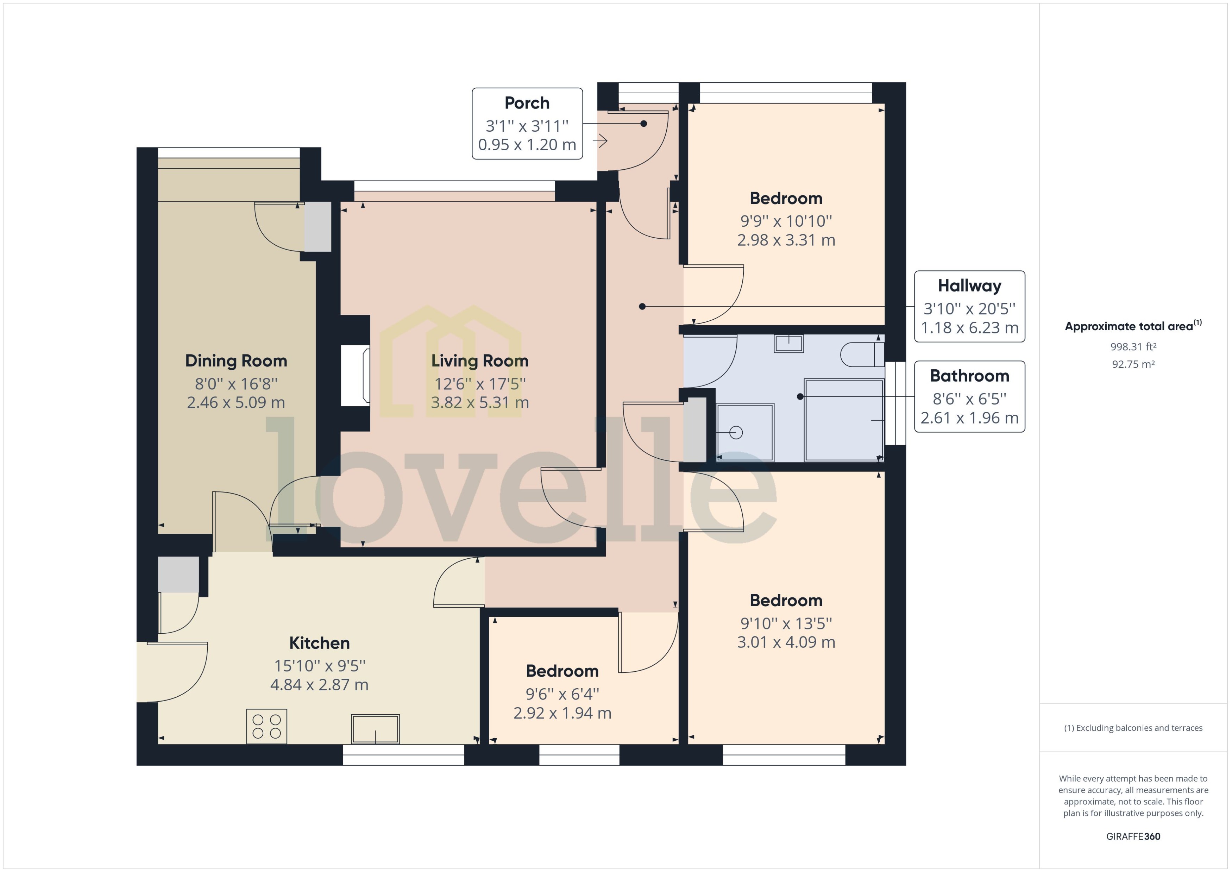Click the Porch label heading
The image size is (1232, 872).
pyautogui.click(x=527, y=102)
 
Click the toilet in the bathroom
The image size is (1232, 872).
pyautogui.click(x=862, y=355)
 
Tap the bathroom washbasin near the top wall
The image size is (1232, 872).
pyautogui.click(x=788, y=344)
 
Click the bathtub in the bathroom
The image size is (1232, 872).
pyautogui.click(x=843, y=420)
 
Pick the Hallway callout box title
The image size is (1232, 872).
pyautogui.click(x=969, y=286)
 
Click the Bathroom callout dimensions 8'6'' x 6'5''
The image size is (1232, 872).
pyautogui.click(x=969, y=399)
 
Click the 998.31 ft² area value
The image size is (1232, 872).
pyautogui.click(x=1133, y=347)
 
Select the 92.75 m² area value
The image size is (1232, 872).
pyautogui.click(x=1133, y=364)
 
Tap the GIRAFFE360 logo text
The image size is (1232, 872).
pyautogui.click(x=1133, y=836)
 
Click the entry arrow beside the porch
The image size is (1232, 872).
pyautogui.click(x=600, y=141)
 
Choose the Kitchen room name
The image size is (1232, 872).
pyautogui.click(x=319, y=643)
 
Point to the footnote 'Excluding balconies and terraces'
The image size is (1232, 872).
pyautogui.click(x=1133, y=728)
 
